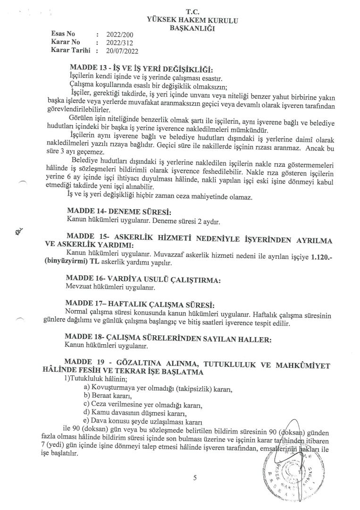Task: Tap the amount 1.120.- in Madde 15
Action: pos(319,255)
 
